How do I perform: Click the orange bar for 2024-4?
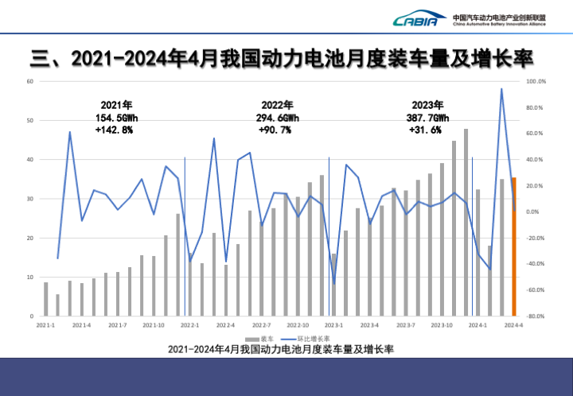(x=514, y=247)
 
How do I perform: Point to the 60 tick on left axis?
(x=29, y=82)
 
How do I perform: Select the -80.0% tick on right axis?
(x=536, y=316)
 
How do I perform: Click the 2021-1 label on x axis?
(x=45, y=325)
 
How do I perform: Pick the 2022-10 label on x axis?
(x=298, y=325)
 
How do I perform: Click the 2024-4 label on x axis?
(x=513, y=325)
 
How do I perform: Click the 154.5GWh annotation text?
(x=117, y=118)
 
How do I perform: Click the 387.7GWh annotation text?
(x=426, y=118)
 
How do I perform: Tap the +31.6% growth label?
(x=426, y=130)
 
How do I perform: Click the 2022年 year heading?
(x=277, y=105)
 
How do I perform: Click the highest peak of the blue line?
(x=501, y=89)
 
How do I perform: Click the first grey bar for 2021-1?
(x=45, y=299)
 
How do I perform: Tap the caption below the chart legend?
(x=280, y=349)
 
